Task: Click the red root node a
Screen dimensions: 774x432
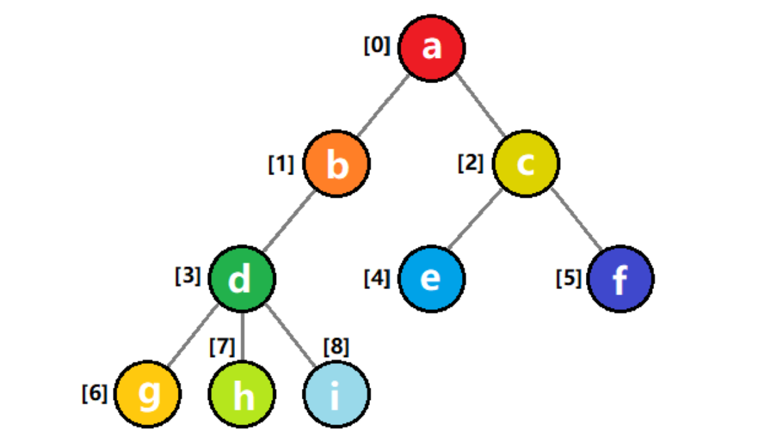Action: (432, 48)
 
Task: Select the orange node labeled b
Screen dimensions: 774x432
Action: (337, 164)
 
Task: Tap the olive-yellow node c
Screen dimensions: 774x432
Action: (526, 164)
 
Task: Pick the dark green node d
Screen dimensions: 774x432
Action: (242, 279)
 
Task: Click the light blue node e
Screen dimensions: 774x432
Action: (431, 279)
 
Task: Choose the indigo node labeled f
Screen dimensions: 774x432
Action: (620, 279)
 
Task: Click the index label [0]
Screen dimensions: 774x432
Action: (377, 46)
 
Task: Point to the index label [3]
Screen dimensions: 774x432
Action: (187, 276)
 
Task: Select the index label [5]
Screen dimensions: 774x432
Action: (568, 278)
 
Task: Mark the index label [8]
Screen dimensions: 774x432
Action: (336, 348)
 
